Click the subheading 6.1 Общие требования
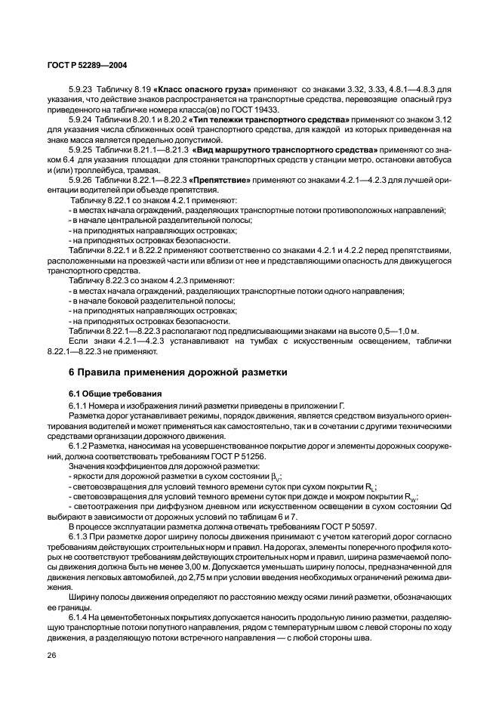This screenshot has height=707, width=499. [x=108, y=393]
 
